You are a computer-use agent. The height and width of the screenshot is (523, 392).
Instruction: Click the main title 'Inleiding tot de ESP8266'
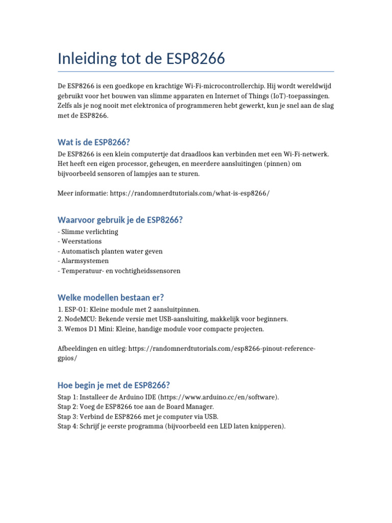click(141, 59)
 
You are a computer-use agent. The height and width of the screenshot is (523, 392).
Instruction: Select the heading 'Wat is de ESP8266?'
click(97, 142)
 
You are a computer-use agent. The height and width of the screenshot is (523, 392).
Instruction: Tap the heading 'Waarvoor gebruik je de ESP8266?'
click(120, 220)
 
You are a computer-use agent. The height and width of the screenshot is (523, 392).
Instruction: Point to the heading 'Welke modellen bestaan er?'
click(111, 297)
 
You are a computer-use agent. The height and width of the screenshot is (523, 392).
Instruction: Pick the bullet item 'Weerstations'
click(81, 242)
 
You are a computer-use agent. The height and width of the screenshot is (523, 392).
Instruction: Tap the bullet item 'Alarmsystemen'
click(85, 261)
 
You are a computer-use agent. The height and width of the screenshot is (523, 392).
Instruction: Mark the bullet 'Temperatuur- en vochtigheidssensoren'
click(120, 271)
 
